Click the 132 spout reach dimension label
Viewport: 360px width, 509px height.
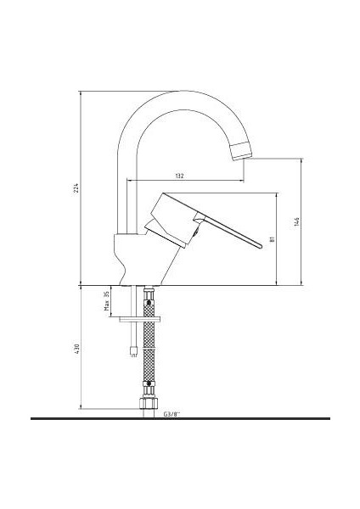pos(180,176)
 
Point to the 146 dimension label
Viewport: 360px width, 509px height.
pos(296,221)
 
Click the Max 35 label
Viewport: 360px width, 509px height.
pos(107,301)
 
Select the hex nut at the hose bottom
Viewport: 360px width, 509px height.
pos(149,400)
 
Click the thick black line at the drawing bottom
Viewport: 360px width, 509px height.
pos(180,419)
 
